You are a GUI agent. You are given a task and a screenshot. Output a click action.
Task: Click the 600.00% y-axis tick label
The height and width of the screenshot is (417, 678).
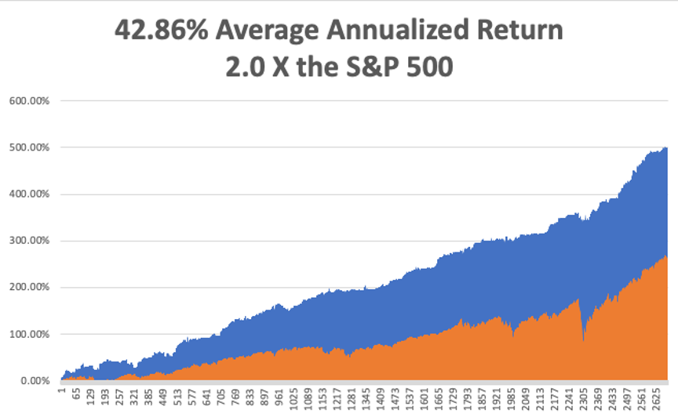pos(28,100)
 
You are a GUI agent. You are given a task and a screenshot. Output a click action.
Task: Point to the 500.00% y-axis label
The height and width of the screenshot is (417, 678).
pos(28,147)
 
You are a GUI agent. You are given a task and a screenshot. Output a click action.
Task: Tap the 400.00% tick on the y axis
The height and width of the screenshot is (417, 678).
pos(28,194)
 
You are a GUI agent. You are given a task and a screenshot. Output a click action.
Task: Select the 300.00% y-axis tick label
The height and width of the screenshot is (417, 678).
pos(28,241)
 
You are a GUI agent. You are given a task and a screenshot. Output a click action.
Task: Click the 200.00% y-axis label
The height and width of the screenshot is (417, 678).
pos(28,288)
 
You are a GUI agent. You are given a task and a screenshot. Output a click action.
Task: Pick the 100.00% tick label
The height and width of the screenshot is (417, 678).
pos(28,334)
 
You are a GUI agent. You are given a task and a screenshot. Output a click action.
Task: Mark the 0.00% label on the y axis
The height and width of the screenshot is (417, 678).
pos(32,381)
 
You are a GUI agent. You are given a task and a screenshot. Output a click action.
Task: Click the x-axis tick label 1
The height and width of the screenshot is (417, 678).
pos(60,389)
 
